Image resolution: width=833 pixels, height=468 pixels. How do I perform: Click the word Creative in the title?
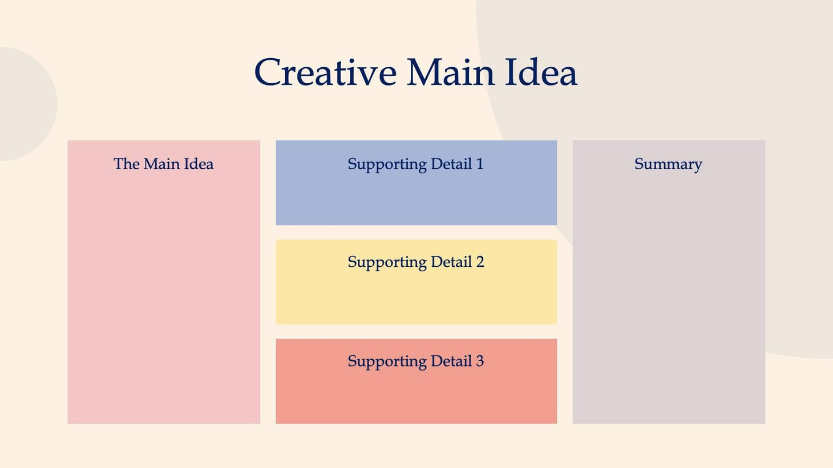click(x=325, y=72)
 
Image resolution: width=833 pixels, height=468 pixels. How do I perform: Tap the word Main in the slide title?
click(x=450, y=72)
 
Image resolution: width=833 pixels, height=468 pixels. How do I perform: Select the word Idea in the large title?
click(x=541, y=72)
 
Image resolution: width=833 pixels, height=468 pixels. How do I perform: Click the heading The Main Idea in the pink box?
click(x=163, y=164)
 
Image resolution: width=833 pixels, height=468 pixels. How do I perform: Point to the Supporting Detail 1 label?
click(x=415, y=164)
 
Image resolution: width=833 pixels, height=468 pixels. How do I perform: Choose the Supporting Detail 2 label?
click(x=415, y=262)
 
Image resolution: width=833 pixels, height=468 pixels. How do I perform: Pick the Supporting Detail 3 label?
click(x=415, y=361)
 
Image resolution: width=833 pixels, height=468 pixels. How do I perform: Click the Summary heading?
click(x=668, y=164)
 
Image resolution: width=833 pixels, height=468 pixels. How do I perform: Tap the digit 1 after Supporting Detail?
click(x=480, y=164)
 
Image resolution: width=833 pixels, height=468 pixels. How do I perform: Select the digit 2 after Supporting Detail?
click(x=480, y=262)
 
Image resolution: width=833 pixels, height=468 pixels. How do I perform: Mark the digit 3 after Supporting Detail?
click(x=480, y=361)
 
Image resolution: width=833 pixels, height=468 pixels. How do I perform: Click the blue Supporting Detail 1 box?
click(x=416, y=197)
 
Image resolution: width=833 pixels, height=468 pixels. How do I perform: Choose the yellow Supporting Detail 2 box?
click(x=416, y=296)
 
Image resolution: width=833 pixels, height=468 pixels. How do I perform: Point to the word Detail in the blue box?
click(x=451, y=164)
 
